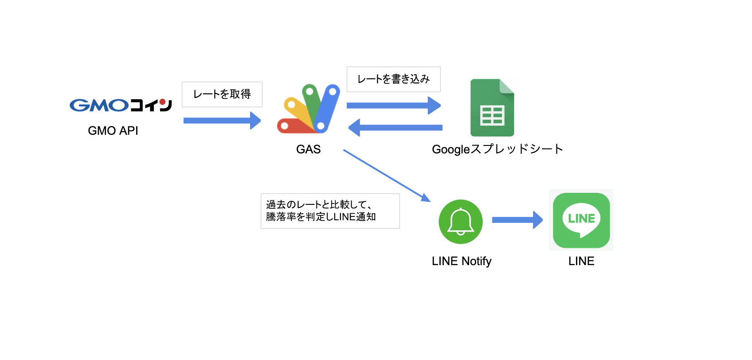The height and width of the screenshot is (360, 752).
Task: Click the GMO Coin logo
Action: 121,105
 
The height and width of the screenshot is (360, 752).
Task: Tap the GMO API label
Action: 113,131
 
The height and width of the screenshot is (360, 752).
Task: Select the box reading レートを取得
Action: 222,94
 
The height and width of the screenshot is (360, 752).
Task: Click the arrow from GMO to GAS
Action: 222,121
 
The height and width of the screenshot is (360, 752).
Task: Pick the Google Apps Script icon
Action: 309,109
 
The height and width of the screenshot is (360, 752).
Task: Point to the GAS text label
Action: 308,149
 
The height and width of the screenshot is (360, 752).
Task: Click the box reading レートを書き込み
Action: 393,79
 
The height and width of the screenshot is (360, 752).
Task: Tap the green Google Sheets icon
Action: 492,108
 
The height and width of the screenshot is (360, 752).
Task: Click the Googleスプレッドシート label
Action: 497,149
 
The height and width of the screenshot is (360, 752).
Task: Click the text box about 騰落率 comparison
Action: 330,211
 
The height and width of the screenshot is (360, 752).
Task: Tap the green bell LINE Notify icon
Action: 461,222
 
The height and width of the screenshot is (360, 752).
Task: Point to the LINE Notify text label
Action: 462,261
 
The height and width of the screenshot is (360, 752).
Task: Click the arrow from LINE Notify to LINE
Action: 517,220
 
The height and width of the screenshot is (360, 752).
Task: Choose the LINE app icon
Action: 581,220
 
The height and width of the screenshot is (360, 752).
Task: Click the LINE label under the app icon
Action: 581,261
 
